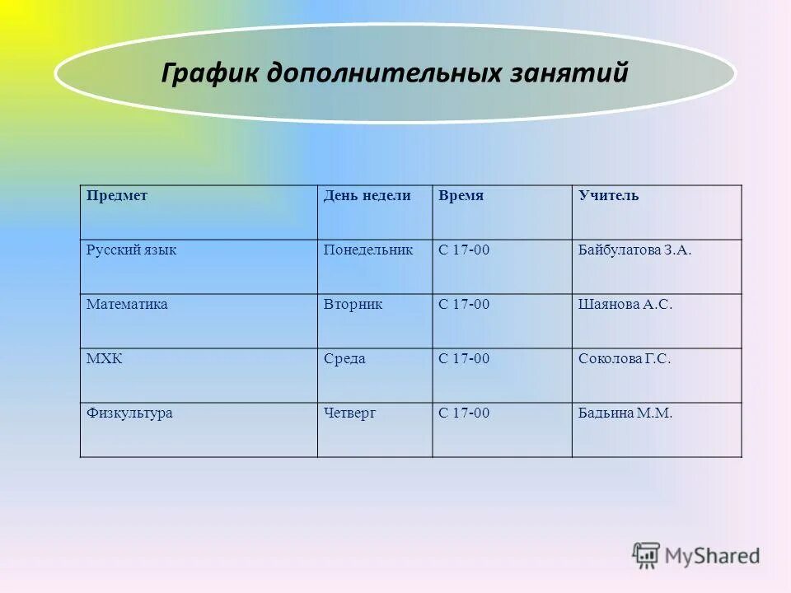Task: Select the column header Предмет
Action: pos(117,196)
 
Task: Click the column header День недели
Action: pos(367,196)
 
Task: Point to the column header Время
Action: pos(461,196)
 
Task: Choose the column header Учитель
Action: pos(608,196)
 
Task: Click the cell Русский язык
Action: pos(131,250)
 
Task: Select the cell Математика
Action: pos(127,304)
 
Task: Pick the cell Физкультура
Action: pos(129,413)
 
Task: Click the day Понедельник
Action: pos(367,250)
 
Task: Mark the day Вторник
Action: pos(353,304)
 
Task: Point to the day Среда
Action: pos(344,358)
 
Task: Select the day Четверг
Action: pos(349,413)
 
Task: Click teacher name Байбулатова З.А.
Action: pos(634,250)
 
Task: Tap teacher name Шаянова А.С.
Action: pos(625,304)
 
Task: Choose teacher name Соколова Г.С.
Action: pos(625,358)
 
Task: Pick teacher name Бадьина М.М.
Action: pos(625,413)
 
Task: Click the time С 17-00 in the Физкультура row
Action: pos(464,413)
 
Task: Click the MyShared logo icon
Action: pos(646,556)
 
